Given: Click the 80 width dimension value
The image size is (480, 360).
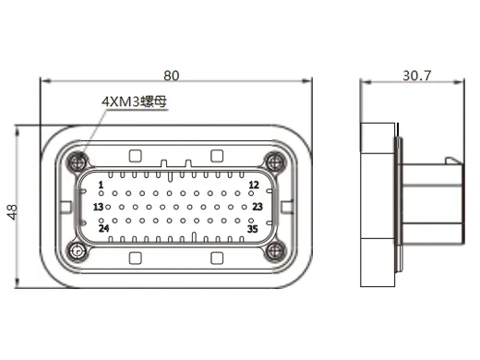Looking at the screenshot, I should click(171, 73).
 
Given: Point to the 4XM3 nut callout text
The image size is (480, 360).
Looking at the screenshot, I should click(134, 102).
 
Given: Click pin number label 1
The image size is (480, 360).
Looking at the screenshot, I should click(101, 185).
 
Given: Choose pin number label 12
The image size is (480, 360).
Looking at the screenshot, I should click(253, 185).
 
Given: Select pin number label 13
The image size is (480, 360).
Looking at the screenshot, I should click(98, 207).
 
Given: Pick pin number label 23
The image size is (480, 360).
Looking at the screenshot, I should click(258, 207).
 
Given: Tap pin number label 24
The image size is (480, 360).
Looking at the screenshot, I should click(103, 228).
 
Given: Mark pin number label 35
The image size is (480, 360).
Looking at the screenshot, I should click(252, 228).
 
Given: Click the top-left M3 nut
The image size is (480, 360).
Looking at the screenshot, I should click(77, 162).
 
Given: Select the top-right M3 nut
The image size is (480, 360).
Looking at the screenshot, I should click(273, 162).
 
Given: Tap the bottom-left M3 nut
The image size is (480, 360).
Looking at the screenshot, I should click(77, 249).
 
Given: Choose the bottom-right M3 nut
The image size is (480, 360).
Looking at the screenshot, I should click(273, 249).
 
